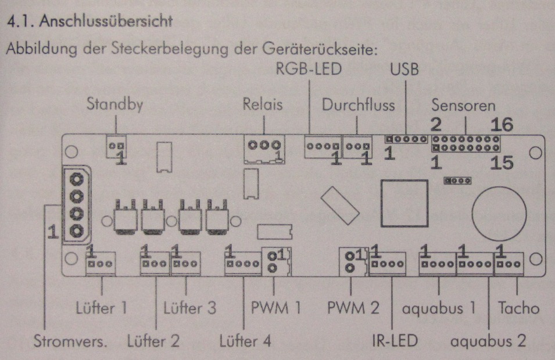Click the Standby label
[x=114, y=106]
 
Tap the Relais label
[x=263, y=106]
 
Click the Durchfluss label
[x=359, y=106]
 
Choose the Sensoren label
[x=464, y=106]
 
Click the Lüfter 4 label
[x=245, y=341]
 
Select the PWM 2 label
[x=353, y=308]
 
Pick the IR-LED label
[x=395, y=341]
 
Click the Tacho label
[x=519, y=308]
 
